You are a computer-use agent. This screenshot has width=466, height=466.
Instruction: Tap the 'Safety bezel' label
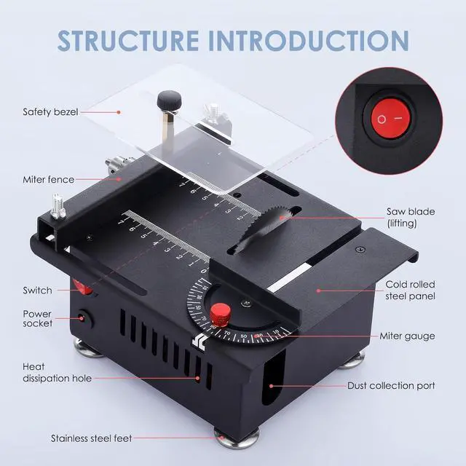tap(50, 112)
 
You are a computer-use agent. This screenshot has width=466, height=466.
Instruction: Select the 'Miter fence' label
tap(48, 179)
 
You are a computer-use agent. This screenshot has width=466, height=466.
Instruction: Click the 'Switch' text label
tap(37, 291)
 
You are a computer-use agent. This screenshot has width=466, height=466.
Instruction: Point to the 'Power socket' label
tap(37, 319)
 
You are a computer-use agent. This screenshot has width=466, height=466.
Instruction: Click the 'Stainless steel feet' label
tap(91, 438)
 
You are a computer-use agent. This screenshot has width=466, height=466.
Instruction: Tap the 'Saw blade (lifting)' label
tap(411, 217)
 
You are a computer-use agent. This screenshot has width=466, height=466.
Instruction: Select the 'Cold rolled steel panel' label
tap(409, 291)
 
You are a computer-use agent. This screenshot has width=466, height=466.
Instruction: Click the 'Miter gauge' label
tap(407, 336)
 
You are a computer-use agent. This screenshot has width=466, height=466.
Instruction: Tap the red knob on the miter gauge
tap(221, 315)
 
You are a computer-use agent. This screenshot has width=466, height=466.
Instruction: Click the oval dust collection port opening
tap(270, 385)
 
